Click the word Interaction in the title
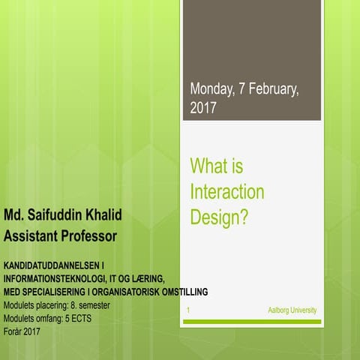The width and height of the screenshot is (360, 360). coord(227,191)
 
